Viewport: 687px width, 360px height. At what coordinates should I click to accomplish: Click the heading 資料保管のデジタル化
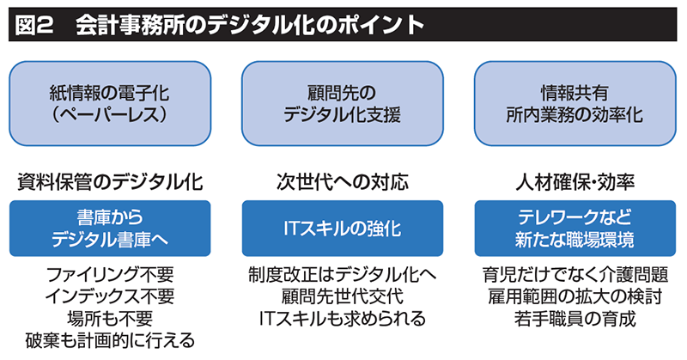111,182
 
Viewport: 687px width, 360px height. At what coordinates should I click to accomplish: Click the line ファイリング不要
110,276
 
